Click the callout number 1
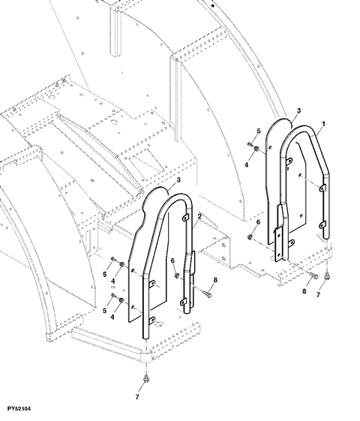[323, 124]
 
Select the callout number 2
[199, 216]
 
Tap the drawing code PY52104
[19, 409]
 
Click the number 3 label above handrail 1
[298, 110]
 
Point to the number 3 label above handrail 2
[178, 180]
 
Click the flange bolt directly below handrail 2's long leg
[146, 380]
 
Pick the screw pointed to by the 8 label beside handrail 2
[207, 293]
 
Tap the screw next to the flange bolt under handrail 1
[313, 275]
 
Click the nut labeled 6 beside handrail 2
[176, 275]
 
